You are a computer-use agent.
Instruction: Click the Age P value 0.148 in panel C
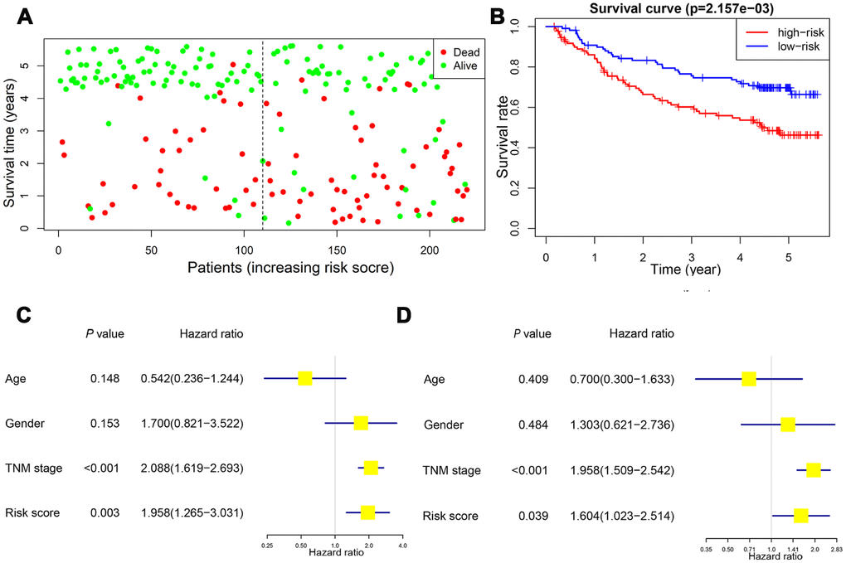(x=105, y=379)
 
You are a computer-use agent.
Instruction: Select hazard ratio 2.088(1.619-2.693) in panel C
(x=192, y=468)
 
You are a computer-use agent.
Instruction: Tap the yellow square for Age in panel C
(x=304, y=379)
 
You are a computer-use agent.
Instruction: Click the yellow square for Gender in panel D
(x=788, y=425)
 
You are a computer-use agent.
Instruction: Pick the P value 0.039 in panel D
(x=532, y=516)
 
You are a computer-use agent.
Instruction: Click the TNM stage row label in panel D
(x=451, y=471)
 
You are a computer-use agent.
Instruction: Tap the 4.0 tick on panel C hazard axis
(x=402, y=546)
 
